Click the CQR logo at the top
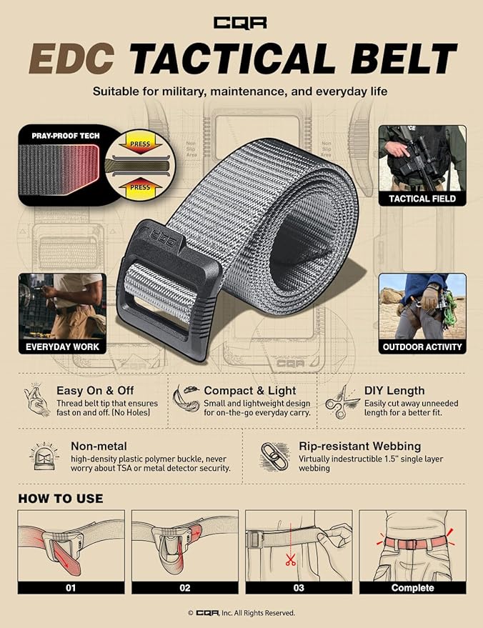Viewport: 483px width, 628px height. pyautogui.click(x=241, y=23)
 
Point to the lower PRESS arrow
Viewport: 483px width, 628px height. pyautogui.click(x=139, y=187)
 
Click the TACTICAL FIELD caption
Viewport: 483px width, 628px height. pyautogui.click(x=422, y=199)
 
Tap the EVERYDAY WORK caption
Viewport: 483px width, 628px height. pyautogui.click(x=62, y=347)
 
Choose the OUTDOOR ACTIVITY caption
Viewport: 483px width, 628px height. pyautogui.click(x=422, y=347)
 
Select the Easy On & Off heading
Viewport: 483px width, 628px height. pyautogui.click(x=97, y=391)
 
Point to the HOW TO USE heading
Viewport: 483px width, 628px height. pyautogui.click(x=61, y=498)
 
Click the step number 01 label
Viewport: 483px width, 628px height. pyautogui.click(x=71, y=588)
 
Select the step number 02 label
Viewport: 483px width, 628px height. pyautogui.click(x=185, y=588)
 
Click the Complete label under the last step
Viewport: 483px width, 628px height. pyautogui.click(x=412, y=588)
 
